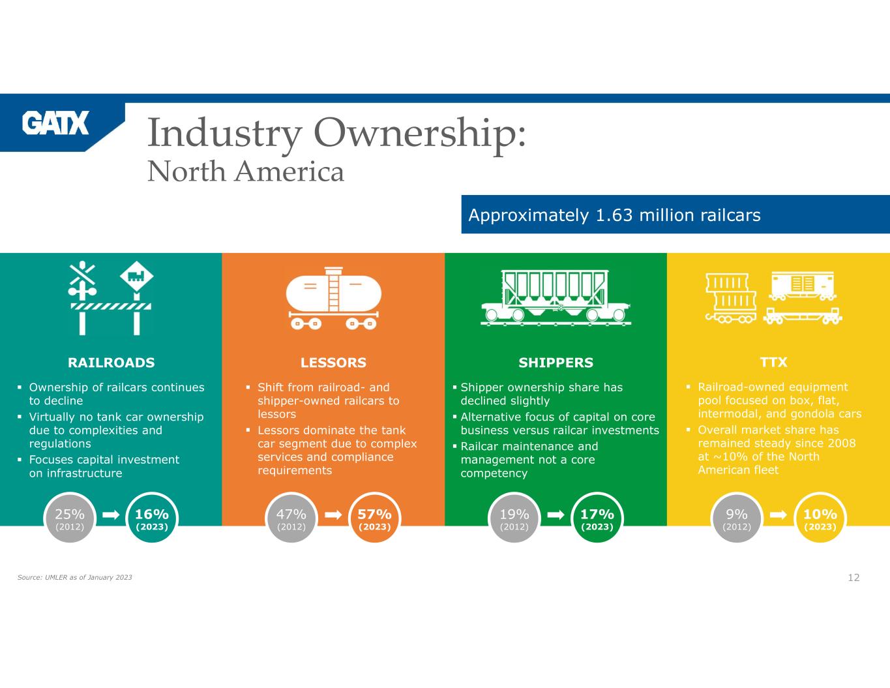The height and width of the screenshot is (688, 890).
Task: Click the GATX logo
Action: (x=55, y=123)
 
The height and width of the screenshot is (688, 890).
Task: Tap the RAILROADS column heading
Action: (x=111, y=363)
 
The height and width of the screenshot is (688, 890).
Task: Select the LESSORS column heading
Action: (x=333, y=363)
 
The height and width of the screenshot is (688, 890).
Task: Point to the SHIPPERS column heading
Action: (x=556, y=363)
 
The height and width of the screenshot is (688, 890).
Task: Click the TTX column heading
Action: (x=774, y=362)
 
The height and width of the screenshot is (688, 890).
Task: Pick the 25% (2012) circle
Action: (x=70, y=518)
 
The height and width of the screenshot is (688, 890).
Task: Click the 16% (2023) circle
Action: (x=152, y=518)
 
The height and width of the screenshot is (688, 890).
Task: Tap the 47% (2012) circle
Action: (x=291, y=518)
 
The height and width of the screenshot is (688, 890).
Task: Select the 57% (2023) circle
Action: (x=375, y=518)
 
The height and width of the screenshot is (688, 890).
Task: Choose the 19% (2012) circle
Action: (x=514, y=518)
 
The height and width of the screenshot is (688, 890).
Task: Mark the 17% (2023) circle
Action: (x=597, y=518)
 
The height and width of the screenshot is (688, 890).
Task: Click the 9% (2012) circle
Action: (x=737, y=518)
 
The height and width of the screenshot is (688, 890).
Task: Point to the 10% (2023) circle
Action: (x=820, y=518)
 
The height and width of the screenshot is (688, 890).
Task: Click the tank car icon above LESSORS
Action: (x=333, y=298)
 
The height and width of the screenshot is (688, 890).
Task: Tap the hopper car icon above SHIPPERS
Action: (x=556, y=298)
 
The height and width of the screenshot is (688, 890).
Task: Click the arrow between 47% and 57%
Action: (x=333, y=515)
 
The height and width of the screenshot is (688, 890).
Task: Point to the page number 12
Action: (x=853, y=577)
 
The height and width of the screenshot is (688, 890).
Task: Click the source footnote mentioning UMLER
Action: (x=74, y=577)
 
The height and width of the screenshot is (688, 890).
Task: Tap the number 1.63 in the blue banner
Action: (x=614, y=215)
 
